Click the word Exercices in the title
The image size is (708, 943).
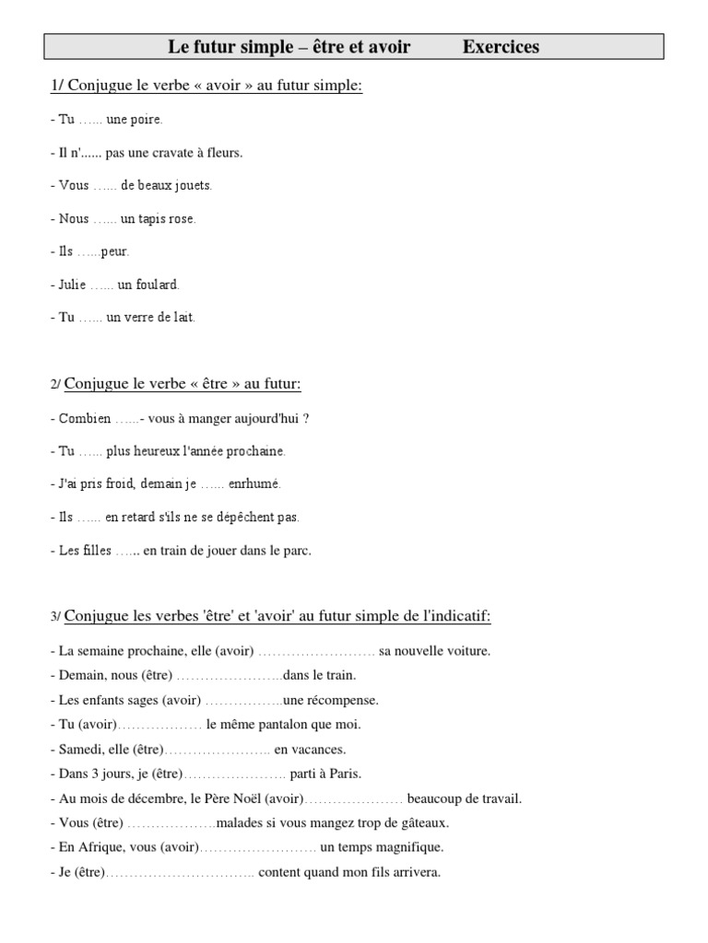(x=501, y=47)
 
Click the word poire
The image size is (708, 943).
(x=147, y=120)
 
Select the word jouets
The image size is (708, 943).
(x=193, y=185)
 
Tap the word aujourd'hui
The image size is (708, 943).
(x=268, y=418)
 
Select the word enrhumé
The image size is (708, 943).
(x=254, y=483)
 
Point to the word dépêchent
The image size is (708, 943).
(x=243, y=518)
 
